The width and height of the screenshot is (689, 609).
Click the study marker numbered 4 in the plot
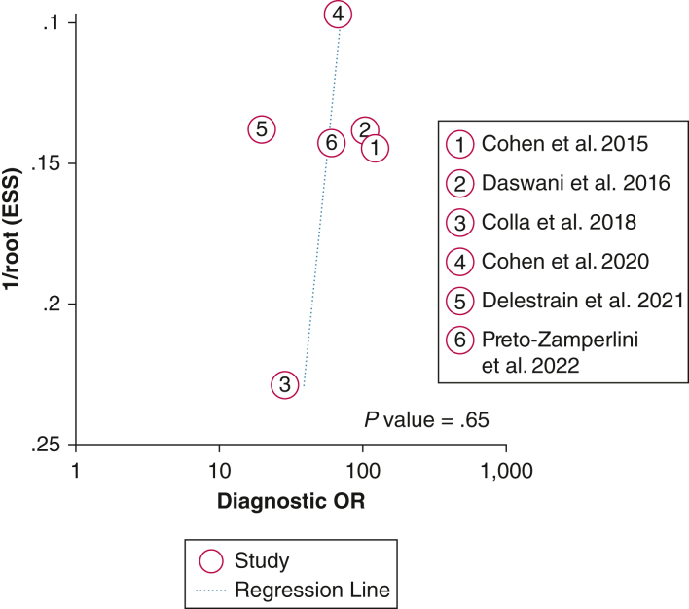pos(337,14)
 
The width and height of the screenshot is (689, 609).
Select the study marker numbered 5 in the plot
pos(261,128)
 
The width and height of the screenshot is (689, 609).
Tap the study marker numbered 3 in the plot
pos(283,384)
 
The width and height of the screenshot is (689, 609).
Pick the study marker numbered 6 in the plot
pos(331,143)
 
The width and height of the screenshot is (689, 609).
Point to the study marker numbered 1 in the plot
pos(376,148)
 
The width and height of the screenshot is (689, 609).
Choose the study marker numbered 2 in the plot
pos(364,129)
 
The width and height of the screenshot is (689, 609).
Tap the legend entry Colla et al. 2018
pos(559,222)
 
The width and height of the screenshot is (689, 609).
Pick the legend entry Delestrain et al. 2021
pos(582,300)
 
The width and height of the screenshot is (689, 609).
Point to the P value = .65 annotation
pos(426,420)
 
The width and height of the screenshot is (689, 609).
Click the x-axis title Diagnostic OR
pos(291,502)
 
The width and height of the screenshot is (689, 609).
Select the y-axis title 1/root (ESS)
pos(17,233)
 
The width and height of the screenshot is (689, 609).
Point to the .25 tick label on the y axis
pos(47,445)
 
